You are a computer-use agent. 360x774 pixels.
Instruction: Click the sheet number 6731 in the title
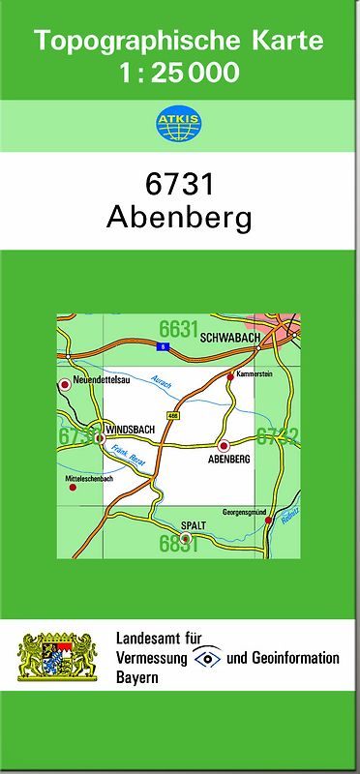179,185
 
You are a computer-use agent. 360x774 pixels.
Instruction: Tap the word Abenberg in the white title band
179,218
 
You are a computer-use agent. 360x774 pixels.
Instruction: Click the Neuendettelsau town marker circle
66,384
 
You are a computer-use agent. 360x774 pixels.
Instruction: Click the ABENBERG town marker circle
225,446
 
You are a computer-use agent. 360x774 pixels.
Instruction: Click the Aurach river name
162,383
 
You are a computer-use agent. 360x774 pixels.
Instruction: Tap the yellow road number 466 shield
172,415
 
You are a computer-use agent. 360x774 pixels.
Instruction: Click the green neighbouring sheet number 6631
179,326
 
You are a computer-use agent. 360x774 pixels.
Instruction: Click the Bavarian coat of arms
57,657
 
